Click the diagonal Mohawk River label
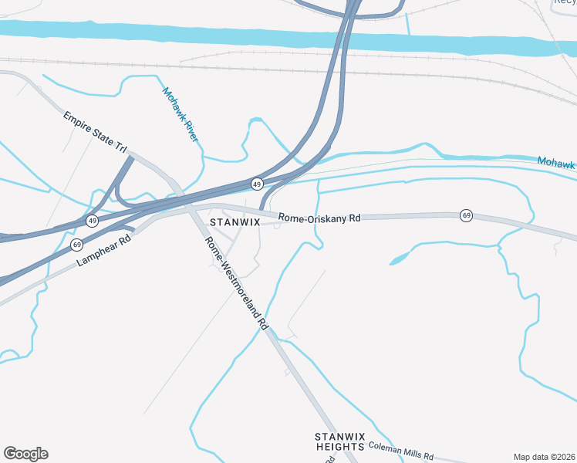click(x=181, y=114)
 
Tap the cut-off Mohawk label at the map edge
click(x=556, y=164)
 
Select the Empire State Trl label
click(x=95, y=131)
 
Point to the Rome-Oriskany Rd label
click(x=319, y=218)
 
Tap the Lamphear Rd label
click(x=104, y=252)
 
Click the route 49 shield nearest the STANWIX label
click(x=257, y=184)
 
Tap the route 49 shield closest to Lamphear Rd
click(x=92, y=221)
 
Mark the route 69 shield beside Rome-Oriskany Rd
click(x=466, y=215)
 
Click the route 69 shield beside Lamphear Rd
click(x=76, y=245)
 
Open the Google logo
click(x=25, y=454)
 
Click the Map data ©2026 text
click(x=545, y=456)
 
